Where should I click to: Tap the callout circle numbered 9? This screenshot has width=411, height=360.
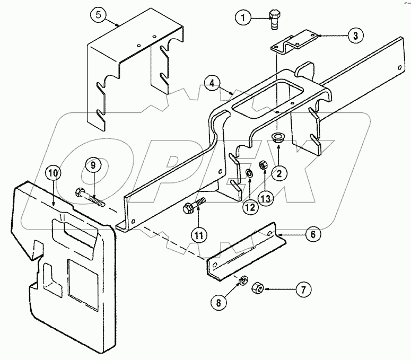[93, 165]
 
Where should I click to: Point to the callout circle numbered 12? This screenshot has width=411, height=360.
[248, 207]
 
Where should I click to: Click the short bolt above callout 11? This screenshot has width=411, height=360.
[194, 206]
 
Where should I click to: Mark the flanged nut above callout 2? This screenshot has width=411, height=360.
[276, 138]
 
